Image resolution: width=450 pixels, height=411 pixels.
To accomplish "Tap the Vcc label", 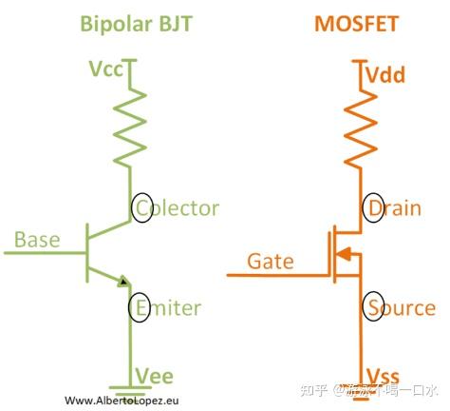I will click(106, 69).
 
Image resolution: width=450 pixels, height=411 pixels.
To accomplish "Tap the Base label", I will click(36, 239).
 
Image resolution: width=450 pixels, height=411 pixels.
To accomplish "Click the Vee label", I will click(156, 375).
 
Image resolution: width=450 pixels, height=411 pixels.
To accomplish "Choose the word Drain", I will click(394, 207).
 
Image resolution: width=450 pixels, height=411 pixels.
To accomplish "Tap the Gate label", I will click(270, 260).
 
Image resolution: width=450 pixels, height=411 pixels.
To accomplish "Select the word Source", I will click(401, 307).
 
